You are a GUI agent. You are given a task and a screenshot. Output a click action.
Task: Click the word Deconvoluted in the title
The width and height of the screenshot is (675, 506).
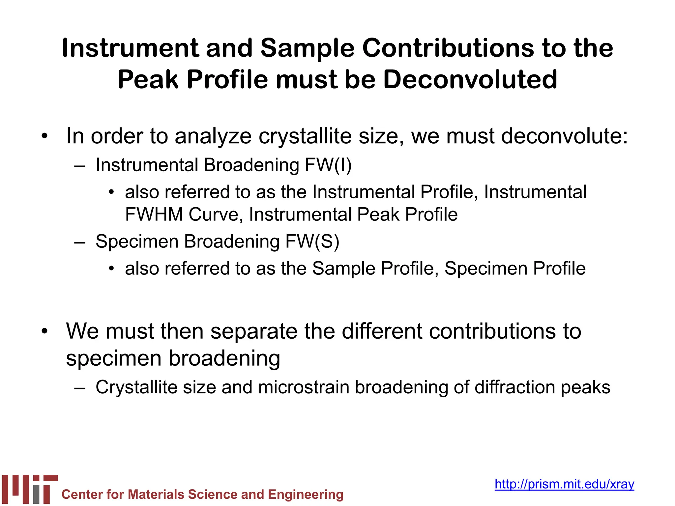(470, 80)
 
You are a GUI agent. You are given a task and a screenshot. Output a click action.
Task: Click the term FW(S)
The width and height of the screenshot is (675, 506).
(312, 241)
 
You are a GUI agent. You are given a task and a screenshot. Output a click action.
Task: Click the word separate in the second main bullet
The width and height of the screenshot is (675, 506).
(254, 331)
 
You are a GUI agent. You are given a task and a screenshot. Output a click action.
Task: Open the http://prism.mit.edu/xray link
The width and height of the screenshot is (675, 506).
(564, 484)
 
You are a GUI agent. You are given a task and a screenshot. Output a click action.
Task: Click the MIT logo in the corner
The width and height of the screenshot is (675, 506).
(30, 489)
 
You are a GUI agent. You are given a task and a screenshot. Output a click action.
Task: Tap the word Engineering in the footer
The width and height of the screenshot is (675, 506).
(306, 494)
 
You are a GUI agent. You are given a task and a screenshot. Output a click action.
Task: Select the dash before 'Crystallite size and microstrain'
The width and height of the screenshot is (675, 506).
(79, 388)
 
